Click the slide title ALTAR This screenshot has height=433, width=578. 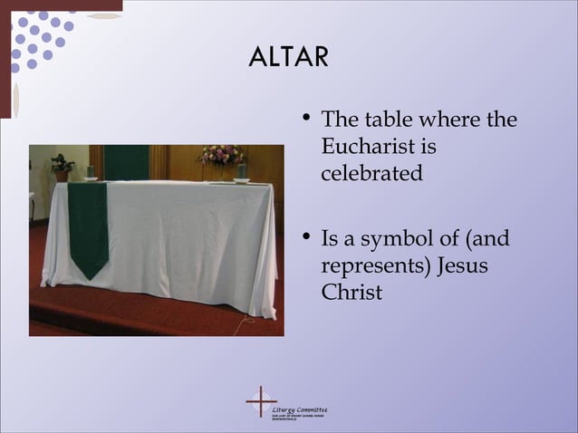(x=288, y=57)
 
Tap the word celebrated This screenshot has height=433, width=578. (x=371, y=173)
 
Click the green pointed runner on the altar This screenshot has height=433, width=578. (x=88, y=227)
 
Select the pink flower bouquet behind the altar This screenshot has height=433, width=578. (x=221, y=155)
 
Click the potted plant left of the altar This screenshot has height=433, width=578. (x=62, y=166)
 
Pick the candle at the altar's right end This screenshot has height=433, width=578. (x=242, y=171)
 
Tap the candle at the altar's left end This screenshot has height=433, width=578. (x=91, y=171)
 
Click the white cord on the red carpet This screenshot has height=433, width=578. (x=246, y=323)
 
